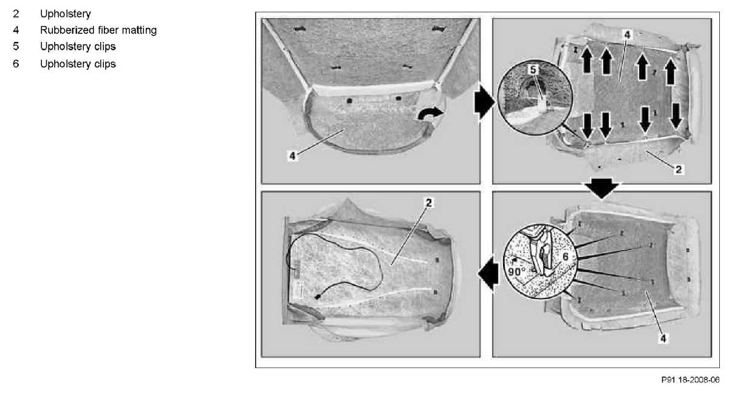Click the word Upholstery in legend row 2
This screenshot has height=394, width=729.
pyautogui.click(x=66, y=14)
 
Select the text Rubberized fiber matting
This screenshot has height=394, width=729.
pyautogui.click(x=98, y=30)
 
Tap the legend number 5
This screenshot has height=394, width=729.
pyautogui.click(x=16, y=46)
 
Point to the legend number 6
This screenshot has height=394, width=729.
pyautogui.click(x=16, y=63)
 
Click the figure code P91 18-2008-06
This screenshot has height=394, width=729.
pyautogui.click(x=690, y=379)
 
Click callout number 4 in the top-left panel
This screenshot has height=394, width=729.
pyautogui.click(x=293, y=156)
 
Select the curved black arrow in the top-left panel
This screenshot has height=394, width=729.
pyautogui.click(x=430, y=114)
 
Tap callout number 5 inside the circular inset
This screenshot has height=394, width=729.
pyautogui.click(x=533, y=70)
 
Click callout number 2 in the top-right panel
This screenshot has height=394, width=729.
pyautogui.click(x=679, y=169)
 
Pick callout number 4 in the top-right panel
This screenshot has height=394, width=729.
pyautogui.click(x=627, y=34)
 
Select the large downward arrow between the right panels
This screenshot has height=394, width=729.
pyautogui.click(x=602, y=188)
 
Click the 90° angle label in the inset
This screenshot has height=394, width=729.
pyautogui.click(x=517, y=272)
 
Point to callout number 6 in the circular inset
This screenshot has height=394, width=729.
pyautogui.click(x=566, y=257)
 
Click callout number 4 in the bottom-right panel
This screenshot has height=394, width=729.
pyautogui.click(x=663, y=339)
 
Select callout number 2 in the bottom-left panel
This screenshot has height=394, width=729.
pyautogui.click(x=429, y=202)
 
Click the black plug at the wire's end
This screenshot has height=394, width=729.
pyautogui.click(x=317, y=297)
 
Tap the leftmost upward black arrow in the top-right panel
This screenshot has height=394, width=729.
pyautogui.click(x=587, y=61)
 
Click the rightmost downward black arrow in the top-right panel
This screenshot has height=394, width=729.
pyautogui.click(x=676, y=116)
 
